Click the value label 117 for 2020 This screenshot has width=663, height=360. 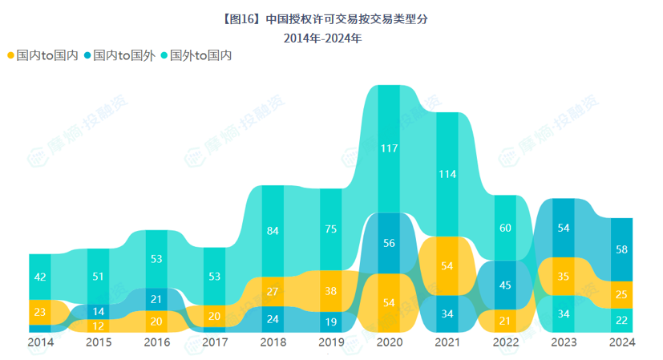click(x=390, y=148)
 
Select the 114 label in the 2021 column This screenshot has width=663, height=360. click(x=447, y=174)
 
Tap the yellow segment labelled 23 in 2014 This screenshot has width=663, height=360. click(x=40, y=311)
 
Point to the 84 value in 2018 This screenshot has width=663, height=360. click(x=273, y=232)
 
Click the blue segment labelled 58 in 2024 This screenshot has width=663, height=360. click(x=622, y=249)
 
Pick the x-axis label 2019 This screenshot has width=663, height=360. click(x=330, y=342)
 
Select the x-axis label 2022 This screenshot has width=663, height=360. click(x=505, y=342)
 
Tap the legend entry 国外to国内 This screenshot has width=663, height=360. click(x=196, y=55)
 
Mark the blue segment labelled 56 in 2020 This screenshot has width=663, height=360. click(x=390, y=244)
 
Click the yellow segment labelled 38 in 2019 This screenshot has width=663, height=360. click(x=330, y=291)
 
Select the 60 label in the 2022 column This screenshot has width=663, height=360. click(x=505, y=228)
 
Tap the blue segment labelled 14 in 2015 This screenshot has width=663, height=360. click(x=98, y=311)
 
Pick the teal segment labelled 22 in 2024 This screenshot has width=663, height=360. click(x=622, y=320)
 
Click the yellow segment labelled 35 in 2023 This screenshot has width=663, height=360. click(x=564, y=277)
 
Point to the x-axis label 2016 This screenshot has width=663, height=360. click(x=156, y=342)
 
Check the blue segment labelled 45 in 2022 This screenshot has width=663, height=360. click(x=505, y=285)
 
